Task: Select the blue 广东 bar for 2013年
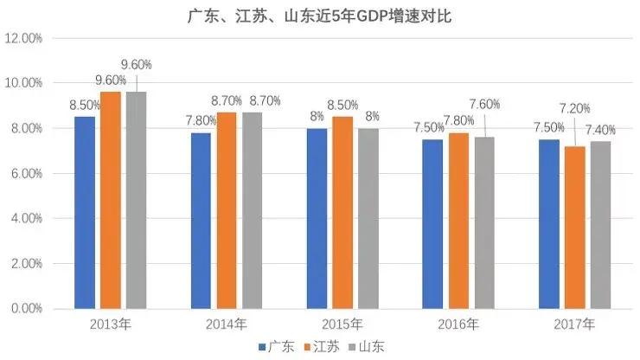pyautogui.click(x=85, y=212)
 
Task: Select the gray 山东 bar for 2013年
pyautogui.click(x=136, y=200)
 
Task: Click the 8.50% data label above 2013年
pyautogui.click(x=85, y=106)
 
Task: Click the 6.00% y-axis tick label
pyautogui.click(x=25, y=173)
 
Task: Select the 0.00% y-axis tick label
pyautogui.click(x=25, y=308)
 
